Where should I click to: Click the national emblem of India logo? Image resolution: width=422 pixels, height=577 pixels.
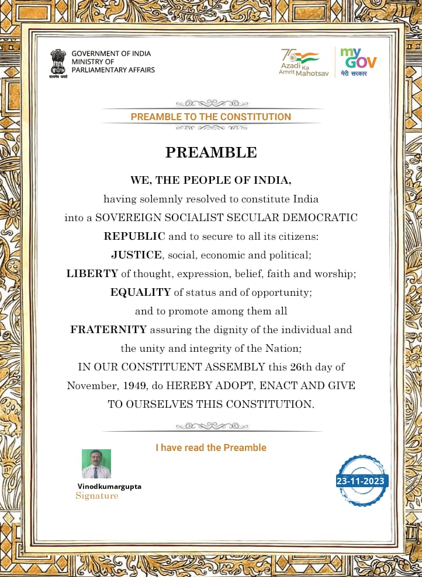click(58, 63)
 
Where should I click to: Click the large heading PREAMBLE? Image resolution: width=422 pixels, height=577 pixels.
click(211, 152)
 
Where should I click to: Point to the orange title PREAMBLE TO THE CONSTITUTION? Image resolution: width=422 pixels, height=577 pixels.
click(210, 117)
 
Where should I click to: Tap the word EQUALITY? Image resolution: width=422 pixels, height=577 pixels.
click(140, 292)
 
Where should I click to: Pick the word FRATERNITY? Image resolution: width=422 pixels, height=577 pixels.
click(108, 329)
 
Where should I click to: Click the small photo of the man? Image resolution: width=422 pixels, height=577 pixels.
click(96, 464)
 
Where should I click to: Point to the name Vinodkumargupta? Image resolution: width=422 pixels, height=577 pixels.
click(109, 486)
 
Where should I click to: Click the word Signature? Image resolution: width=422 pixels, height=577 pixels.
click(96, 496)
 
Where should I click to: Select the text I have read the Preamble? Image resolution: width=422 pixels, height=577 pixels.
click(210, 447)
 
